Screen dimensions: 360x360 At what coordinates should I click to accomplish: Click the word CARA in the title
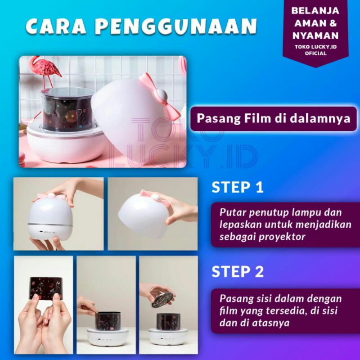click(x=56, y=26)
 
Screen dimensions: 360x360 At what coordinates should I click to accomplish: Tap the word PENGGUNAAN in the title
click(x=176, y=27)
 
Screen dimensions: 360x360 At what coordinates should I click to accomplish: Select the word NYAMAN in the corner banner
click(x=315, y=36)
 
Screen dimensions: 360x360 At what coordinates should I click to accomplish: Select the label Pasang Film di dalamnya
click(x=274, y=118)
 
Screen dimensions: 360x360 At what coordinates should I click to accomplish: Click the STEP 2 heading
click(x=238, y=271)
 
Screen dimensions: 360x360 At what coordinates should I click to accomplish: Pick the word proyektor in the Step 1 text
click(x=282, y=237)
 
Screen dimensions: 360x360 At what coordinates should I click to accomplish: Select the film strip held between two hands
click(x=46, y=288)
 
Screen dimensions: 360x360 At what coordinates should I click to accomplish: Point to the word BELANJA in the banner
click(x=315, y=11)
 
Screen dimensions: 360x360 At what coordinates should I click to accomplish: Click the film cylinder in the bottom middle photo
click(x=108, y=321)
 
